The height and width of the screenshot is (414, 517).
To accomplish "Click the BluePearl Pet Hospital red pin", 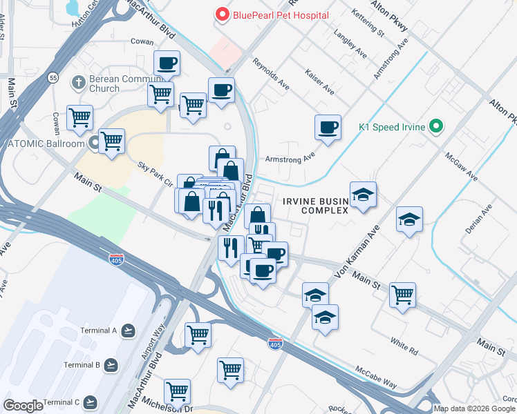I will pyautogui.click(x=223, y=14).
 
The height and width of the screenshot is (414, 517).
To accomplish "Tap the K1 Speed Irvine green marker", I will pyautogui.click(x=435, y=127).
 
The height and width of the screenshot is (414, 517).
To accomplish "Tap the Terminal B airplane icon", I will pyautogui.click(x=110, y=364).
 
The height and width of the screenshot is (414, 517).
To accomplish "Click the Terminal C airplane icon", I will pyautogui.click(x=90, y=402).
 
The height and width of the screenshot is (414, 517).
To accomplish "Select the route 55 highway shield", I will pyautogui.click(x=53, y=78).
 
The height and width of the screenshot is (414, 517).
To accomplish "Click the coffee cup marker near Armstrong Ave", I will pyautogui.click(x=328, y=128).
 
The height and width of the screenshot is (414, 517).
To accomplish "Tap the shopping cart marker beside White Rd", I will pyautogui.click(x=402, y=295).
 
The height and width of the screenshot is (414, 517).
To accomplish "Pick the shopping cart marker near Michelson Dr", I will pyautogui.click(x=178, y=391).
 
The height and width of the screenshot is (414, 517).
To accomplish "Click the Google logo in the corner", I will pyautogui.click(x=23, y=406).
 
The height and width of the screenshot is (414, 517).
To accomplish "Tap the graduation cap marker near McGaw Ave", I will pyautogui.click(x=409, y=219).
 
